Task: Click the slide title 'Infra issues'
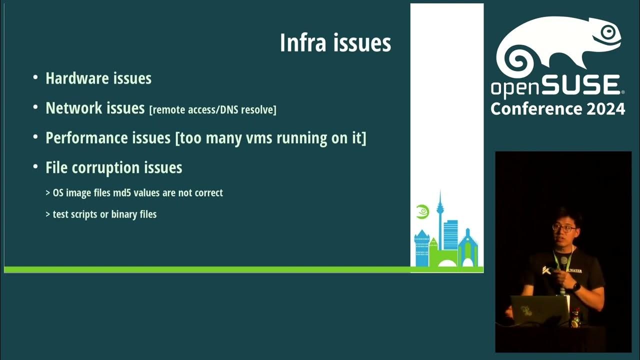[335, 43]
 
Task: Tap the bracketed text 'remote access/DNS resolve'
[212, 110]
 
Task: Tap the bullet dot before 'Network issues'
[35, 107]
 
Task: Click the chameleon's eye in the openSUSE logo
[607, 32]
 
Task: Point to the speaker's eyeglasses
[564, 228]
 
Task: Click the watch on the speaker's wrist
[576, 287]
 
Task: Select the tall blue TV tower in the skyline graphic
[440, 220]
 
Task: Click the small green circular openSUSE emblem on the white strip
[422, 211]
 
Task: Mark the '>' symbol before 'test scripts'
[47, 214]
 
